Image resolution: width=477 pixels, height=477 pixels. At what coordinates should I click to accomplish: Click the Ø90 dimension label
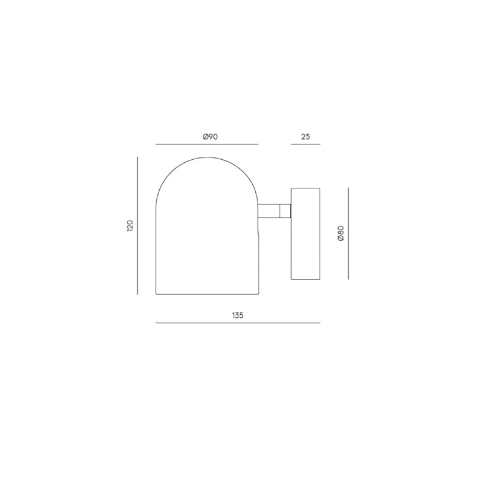210,137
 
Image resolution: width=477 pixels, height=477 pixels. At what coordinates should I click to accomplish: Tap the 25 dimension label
305,137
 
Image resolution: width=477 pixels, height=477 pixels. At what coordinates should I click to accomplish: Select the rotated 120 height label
130,226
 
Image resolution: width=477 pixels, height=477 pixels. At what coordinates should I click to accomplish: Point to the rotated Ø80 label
340,233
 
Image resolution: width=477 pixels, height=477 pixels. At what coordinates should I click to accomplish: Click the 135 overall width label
238,315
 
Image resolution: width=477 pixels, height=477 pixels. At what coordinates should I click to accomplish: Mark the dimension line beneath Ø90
206,144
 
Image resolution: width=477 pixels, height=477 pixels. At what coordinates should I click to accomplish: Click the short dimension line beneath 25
305,144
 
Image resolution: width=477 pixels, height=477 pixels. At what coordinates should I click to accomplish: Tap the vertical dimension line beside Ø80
348,233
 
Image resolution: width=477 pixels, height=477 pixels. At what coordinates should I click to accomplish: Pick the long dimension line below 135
238,323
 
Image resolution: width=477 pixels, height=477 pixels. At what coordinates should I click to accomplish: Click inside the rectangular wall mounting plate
305,234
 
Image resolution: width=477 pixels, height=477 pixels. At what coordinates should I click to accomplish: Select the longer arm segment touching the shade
269,212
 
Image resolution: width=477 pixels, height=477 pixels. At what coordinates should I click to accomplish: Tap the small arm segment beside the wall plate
286,212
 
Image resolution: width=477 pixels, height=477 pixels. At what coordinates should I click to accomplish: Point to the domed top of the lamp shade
206,157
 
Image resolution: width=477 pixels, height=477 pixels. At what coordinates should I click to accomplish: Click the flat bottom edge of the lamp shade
206,294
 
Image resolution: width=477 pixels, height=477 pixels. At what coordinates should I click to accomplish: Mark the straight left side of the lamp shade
156,250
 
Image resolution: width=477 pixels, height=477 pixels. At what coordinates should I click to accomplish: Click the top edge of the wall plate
305,188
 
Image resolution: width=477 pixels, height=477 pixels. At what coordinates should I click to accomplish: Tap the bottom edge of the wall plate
305,280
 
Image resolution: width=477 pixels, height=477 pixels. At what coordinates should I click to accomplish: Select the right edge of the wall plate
320,234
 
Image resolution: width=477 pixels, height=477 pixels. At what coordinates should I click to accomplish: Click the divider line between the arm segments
280,212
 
